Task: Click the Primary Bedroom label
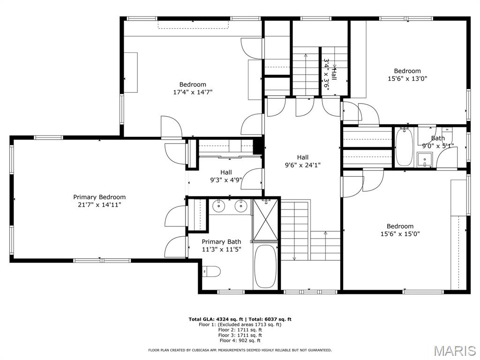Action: coord(99,197)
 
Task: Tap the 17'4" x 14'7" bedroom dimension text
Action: coord(193,92)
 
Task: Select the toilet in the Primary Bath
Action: coord(212,271)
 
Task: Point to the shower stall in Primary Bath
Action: coord(266,219)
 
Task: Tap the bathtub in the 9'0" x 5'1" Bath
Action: coord(404,147)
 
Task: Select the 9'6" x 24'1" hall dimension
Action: coord(302,165)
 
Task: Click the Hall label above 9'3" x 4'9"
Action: coord(226,172)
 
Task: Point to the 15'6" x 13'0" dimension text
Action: coord(407,79)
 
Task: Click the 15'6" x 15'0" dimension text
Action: coord(400,233)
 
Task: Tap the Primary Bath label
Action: coord(221,242)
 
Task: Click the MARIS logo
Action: coord(454,350)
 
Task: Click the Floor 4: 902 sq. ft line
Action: coord(240,341)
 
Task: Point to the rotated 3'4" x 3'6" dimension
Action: coord(326,74)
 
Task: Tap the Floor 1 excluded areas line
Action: coord(240,324)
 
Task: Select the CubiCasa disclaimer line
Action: coord(240,350)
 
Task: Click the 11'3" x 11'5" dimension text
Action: coord(221,249)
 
